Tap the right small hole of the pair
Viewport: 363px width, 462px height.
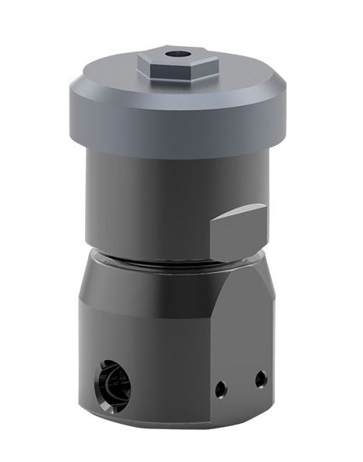(x=259, y=379)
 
